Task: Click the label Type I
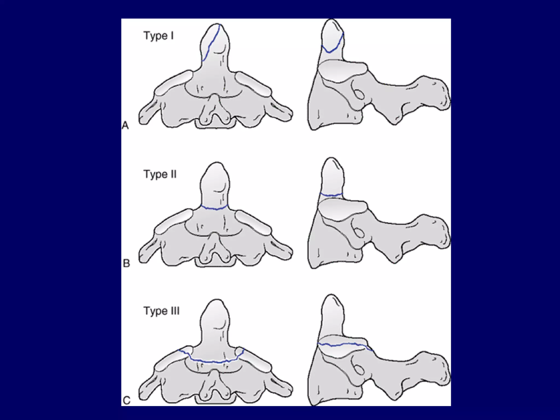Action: (x=159, y=36)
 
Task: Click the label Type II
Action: (x=160, y=174)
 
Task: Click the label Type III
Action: (x=162, y=311)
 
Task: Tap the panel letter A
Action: (x=125, y=126)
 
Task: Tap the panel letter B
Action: (x=126, y=263)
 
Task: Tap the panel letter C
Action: (x=127, y=401)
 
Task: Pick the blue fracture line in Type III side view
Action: (x=345, y=345)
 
